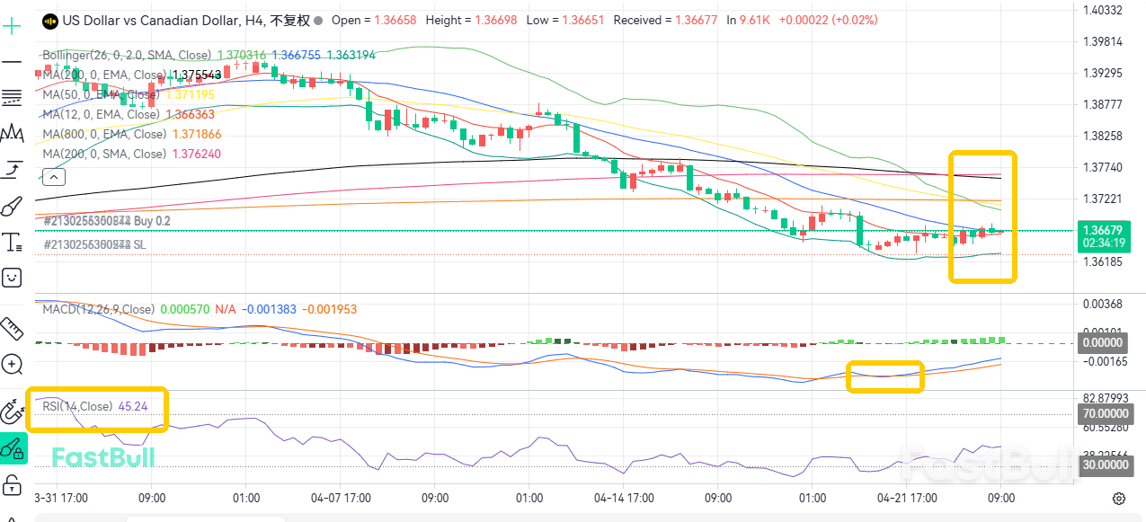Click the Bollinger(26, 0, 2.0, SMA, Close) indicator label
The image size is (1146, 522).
coord(127,55)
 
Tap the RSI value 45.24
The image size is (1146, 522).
coord(132,406)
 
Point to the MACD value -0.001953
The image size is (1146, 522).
coord(329,309)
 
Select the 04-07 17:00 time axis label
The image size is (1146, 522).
coord(341,497)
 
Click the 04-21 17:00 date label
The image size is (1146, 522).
coord(907,497)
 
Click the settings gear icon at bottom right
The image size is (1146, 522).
coord(1119,498)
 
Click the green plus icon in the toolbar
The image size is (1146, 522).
coord(12,26)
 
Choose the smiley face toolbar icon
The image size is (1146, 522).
coord(12,277)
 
